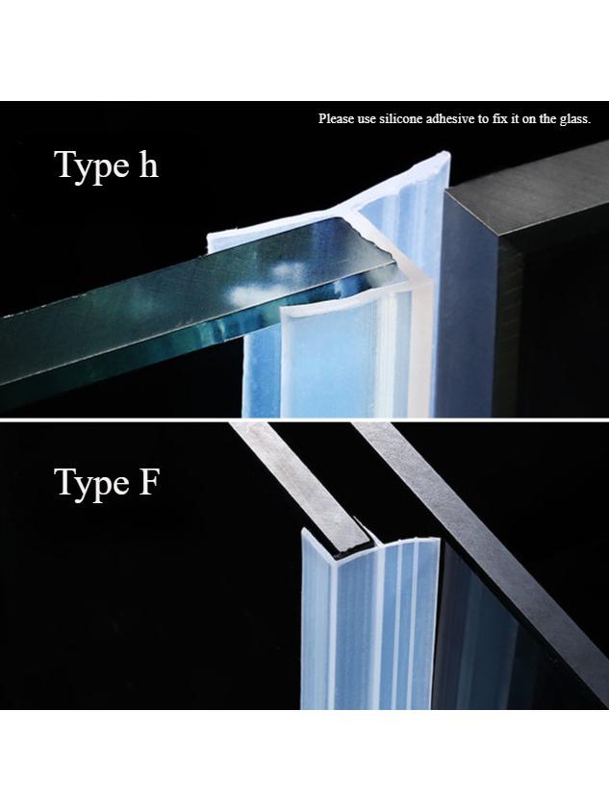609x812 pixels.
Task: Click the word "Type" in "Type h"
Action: (x=91, y=166)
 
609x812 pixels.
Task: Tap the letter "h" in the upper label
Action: (x=148, y=165)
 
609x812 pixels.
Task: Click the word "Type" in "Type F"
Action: (x=91, y=484)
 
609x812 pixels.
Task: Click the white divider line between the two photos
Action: (x=304, y=419)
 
